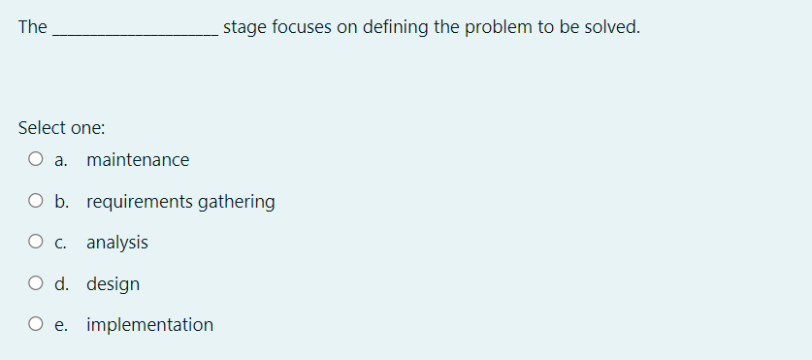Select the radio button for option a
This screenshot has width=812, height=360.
click(35, 160)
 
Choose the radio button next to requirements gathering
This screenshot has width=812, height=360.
click(35, 202)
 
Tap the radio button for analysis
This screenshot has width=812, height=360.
click(35, 243)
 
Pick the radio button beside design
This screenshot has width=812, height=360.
click(35, 284)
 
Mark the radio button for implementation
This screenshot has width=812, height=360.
click(35, 325)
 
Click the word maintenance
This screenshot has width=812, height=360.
click(138, 160)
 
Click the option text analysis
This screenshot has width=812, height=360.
click(117, 243)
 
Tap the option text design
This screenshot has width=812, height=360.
click(113, 284)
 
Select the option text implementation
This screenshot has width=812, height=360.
click(149, 325)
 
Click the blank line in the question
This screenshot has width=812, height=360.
click(135, 29)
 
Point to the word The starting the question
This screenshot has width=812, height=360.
click(32, 27)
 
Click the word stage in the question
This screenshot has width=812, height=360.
click(244, 27)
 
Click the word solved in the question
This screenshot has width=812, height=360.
click(610, 27)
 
